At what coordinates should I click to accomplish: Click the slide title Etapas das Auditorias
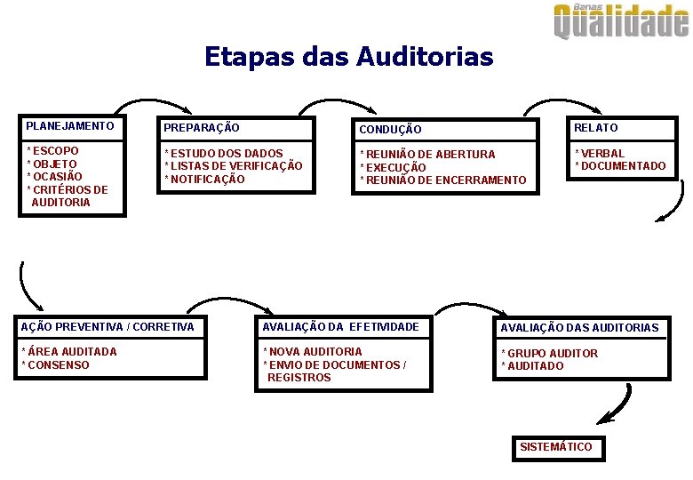click(348, 57)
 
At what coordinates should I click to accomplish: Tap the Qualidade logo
click(621, 21)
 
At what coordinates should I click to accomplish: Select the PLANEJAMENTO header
click(70, 126)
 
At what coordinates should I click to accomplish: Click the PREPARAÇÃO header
click(202, 128)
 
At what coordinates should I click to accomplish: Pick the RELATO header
click(596, 128)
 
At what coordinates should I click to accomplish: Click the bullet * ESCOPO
click(53, 151)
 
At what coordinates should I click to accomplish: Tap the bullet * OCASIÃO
click(55, 176)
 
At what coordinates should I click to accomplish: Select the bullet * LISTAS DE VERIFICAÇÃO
click(234, 166)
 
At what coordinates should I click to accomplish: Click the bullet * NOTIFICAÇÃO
click(205, 180)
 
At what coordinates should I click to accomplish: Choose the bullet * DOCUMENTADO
click(620, 166)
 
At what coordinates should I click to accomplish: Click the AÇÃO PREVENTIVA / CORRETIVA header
click(107, 327)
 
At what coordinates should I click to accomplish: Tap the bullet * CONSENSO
click(55, 365)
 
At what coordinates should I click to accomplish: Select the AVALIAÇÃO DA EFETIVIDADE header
click(340, 327)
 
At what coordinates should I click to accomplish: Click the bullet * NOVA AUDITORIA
click(313, 352)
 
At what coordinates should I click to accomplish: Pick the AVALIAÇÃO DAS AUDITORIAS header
click(579, 328)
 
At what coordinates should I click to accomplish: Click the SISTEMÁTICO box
click(556, 447)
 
